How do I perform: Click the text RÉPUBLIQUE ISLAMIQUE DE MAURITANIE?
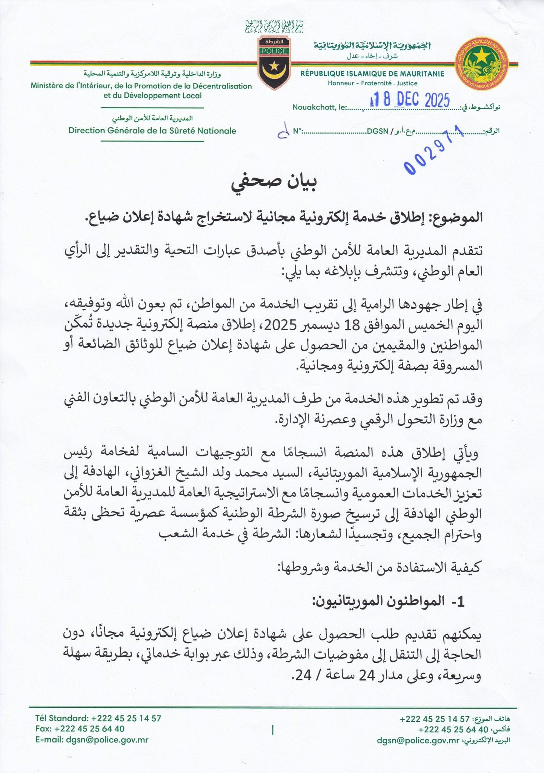[x=372, y=74]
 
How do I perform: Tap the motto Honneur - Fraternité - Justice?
[x=372, y=83]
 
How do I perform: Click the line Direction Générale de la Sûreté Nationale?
[x=152, y=131]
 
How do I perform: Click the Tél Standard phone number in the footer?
[x=126, y=718]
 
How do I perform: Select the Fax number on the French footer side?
[x=89, y=728]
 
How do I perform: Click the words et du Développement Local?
[x=152, y=95]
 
